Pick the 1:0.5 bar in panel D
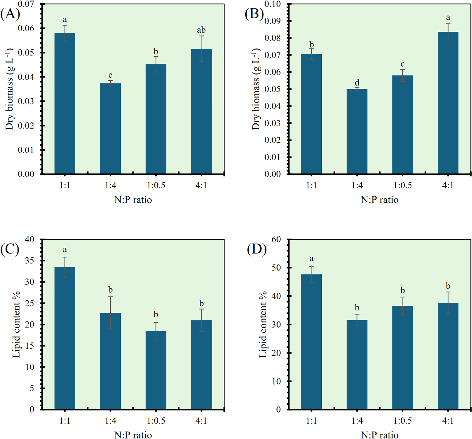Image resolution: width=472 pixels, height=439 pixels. pos(402,357)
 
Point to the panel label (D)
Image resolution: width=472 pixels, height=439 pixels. pos(257,250)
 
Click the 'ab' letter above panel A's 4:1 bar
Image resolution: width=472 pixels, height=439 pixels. pos(201,30)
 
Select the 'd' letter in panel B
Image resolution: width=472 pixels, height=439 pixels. pos(357,82)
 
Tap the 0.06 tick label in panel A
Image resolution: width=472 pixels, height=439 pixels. pos(26,28)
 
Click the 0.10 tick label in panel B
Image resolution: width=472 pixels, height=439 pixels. pos(272,4)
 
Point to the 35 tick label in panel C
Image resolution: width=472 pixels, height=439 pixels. pos(30,260)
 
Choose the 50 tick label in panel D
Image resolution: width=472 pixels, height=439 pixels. pos(276,268)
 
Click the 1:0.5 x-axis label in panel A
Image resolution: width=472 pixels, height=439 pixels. pos(156,185)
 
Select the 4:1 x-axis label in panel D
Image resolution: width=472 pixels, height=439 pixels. pos(448,421)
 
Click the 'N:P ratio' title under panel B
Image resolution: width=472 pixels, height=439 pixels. pos(380,200)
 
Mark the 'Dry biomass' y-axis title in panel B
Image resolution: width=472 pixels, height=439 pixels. pos(256,89)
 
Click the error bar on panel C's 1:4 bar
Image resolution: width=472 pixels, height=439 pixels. pos(110,313)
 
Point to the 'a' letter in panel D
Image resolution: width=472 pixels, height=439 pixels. pos(311,259)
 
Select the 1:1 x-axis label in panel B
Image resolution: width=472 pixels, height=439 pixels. pos(311,185)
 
